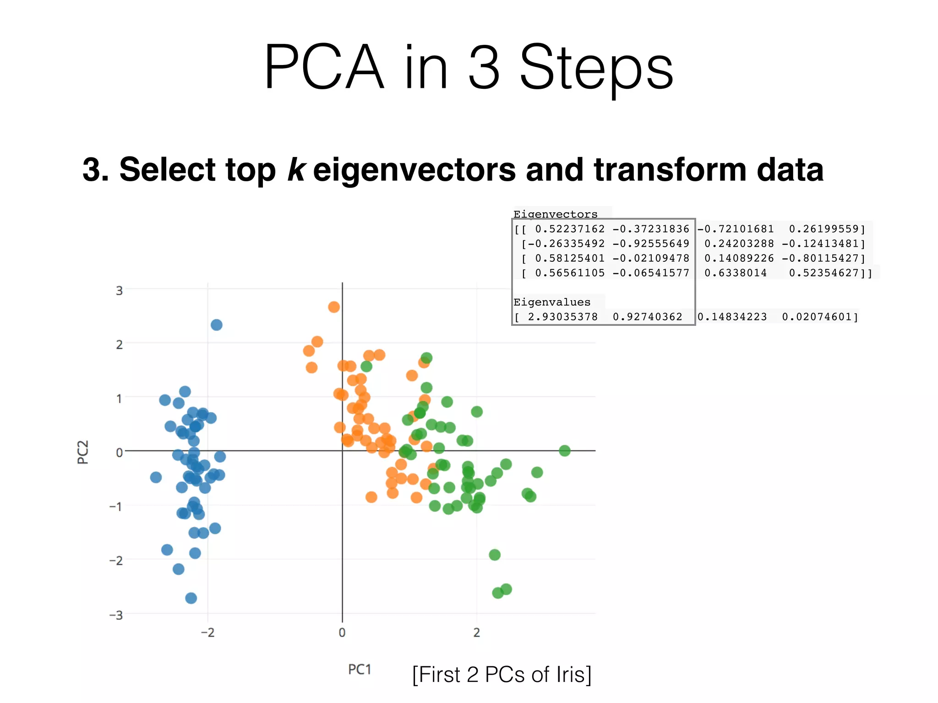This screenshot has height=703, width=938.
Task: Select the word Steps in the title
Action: coord(596,69)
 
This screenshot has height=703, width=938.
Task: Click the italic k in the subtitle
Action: coord(296,169)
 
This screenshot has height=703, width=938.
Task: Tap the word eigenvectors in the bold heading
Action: coord(414,170)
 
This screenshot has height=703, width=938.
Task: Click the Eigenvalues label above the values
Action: coord(551,302)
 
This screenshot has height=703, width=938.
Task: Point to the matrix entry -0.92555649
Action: coord(650,243)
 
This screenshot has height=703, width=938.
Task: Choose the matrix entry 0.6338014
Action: coord(735,273)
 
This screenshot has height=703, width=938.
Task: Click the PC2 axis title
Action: coord(83,452)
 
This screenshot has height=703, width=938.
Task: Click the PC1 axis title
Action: coord(360,670)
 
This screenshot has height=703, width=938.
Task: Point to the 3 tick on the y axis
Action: coord(119,291)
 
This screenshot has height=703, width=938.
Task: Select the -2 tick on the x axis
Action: coord(207,633)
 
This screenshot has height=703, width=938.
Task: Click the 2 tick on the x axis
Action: coord(476,633)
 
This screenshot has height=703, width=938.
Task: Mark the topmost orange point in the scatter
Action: coord(334,307)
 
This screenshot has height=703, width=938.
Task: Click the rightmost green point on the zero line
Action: coord(564,451)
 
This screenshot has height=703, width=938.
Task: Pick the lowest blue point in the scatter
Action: coord(191,598)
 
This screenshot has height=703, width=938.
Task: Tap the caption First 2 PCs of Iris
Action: coord(502,675)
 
